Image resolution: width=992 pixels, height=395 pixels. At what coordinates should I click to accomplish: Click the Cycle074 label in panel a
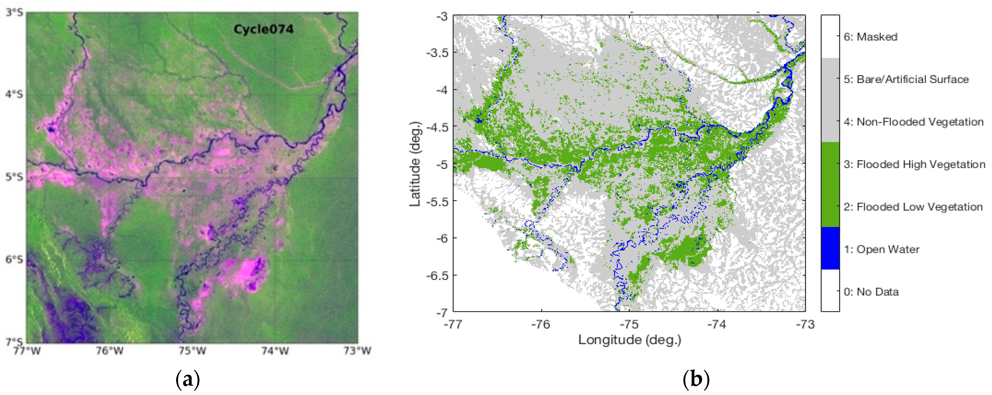pyautogui.click(x=263, y=29)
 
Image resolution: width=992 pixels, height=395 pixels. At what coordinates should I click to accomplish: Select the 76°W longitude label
pyautogui.click(x=110, y=351)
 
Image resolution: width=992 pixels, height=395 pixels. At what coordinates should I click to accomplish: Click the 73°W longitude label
pyautogui.click(x=357, y=351)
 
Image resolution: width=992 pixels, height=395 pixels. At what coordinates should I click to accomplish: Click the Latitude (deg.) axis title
pyautogui.click(x=415, y=164)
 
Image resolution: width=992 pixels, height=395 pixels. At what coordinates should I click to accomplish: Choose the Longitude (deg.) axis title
pyautogui.click(x=630, y=340)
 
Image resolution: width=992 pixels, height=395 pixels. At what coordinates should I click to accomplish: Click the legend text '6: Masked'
pyautogui.click(x=870, y=37)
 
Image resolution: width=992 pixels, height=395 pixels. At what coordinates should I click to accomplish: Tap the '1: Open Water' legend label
pyautogui.click(x=881, y=249)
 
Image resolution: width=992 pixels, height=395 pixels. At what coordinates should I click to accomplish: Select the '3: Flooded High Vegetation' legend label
pyautogui.click(x=914, y=165)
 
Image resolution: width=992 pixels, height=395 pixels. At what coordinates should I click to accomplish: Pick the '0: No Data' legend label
pyautogui.click(x=871, y=292)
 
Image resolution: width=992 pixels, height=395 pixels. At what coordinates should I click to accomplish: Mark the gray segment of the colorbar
pyautogui.click(x=830, y=100)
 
